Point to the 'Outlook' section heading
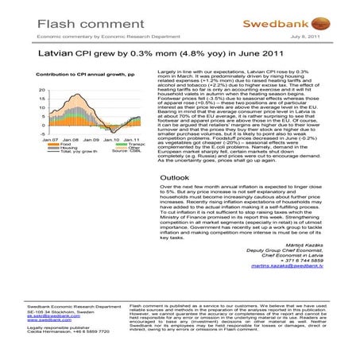click(x=176, y=177)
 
